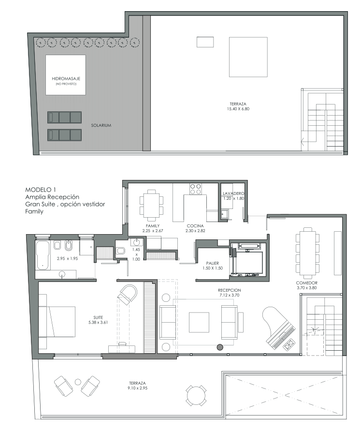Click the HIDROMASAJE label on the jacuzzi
click(x=66, y=79)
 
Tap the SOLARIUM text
click(x=101, y=125)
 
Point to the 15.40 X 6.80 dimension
click(x=238, y=109)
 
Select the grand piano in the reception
click(x=278, y=328)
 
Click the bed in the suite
click(x=57, y=322)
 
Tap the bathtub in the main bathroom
click(x=43, y=255)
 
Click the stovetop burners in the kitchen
click(x=195, y=189)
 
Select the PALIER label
click(x=213, y=263)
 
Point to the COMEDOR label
click(x=307, y=283)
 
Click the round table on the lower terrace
click(x=196, y=396)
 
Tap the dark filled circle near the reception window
click(x=220, y=347)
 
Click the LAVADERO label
click(x=233, y=193)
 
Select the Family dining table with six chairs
click(x=151, y=205)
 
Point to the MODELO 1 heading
click(x=41, y=190)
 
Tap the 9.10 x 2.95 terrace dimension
click(x=137, y=388)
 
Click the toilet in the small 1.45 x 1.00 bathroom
click(x=120, y=251)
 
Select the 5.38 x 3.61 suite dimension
click(x=98, y=323)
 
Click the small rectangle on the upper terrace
click(x=205, y=42)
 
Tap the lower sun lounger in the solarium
click(x=65, y=135)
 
